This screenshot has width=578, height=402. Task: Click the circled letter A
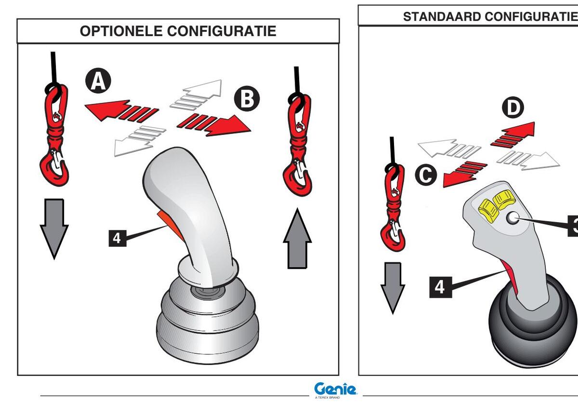tap(98, 81)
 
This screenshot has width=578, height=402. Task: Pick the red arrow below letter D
tap(512, 134)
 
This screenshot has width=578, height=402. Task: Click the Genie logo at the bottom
tap(336, 389)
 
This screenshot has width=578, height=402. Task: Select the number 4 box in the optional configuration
tap(117, 238)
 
